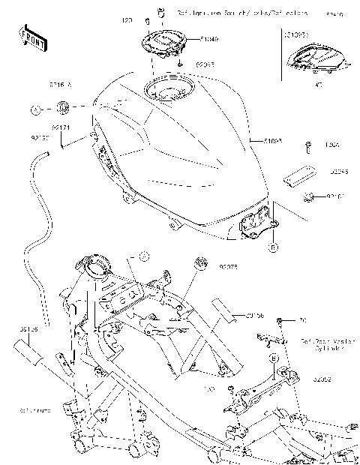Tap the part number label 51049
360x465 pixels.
click(x=190, y=37)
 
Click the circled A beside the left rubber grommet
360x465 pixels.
click(x=35, y=109)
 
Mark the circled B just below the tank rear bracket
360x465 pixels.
click(x=274, y=244)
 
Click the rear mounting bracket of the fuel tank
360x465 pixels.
click(x=255, y=222)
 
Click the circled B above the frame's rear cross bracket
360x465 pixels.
click(x=274, y=358)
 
